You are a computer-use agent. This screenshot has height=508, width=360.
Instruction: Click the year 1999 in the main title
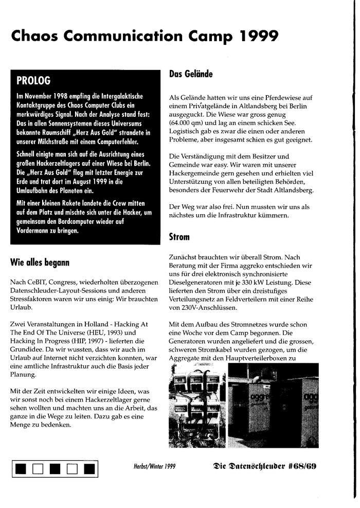click(259, 36)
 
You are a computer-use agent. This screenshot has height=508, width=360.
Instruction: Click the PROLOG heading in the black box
click(33, 80)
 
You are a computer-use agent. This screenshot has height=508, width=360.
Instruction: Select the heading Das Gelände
click(191, 74)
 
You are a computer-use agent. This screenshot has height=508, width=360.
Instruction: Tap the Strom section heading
click(179, 237)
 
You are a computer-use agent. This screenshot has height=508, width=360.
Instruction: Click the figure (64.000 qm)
click(189, 124)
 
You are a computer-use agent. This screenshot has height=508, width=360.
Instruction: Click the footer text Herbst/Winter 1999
click(154, 467)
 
